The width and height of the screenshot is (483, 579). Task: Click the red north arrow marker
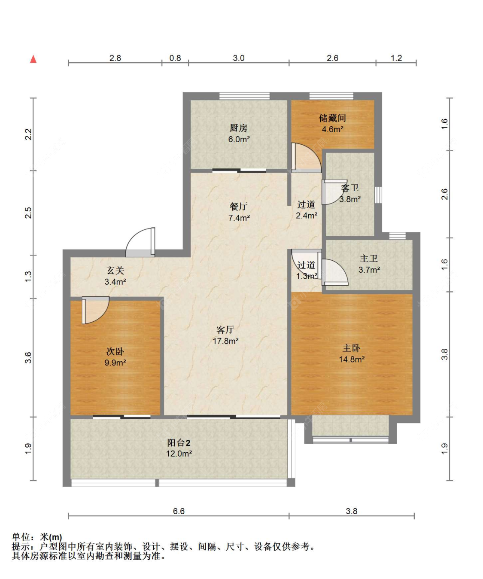(x=33, y=59)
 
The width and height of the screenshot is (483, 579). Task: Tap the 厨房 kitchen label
(x=238, y=128)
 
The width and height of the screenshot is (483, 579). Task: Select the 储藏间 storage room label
(x=332, y=118)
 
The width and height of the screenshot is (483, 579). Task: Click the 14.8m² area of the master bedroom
(x=352, y=360)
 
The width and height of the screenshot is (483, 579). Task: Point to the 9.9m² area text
(x=115, y=363)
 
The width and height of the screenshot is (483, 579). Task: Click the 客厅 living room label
(x=225, y=330)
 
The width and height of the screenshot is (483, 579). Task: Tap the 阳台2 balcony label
(x=179, y=443)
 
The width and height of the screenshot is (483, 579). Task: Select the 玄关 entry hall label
(x=115, y=270)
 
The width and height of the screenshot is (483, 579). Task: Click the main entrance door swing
(x=140, y=242)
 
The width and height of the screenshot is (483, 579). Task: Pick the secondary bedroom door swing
(x=95, y=310)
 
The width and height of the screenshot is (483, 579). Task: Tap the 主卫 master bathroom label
(x=369, y=259)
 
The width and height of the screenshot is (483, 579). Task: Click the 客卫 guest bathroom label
(x=350, y=188)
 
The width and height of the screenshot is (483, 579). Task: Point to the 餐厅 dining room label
(x=238, y=206)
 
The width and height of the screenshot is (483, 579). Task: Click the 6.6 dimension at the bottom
(x=179, y=511)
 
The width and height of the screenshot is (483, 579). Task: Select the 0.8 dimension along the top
(x=175, y=58)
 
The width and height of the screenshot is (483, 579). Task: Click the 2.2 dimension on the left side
(x=29, y=134)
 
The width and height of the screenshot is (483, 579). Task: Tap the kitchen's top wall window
(x=244, y=96)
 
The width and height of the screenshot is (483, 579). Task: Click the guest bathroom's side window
(x=378, y=195)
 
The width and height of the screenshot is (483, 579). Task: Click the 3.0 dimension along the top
(x=238, y=58)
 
